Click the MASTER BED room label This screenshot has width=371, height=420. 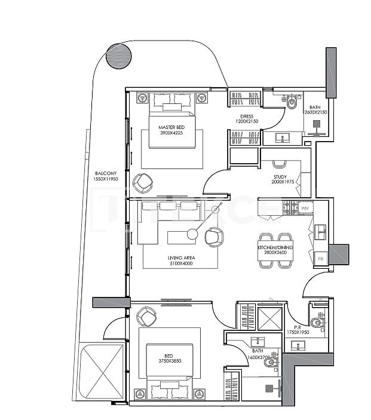click(170, 128)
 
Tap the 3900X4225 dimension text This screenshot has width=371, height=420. click(170, 134)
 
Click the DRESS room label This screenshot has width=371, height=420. click(247, 117)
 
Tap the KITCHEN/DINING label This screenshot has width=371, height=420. click(272, 247)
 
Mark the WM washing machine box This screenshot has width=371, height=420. click(305, 208)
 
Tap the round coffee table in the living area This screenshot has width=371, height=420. click(192, 235)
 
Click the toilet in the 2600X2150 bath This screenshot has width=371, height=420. click(292, 103)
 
